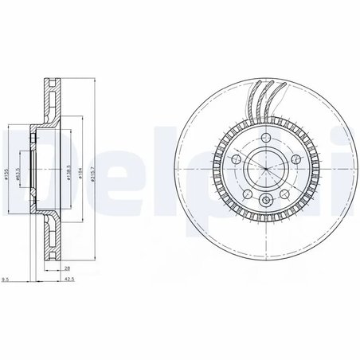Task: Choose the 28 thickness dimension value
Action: coord(69,269)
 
